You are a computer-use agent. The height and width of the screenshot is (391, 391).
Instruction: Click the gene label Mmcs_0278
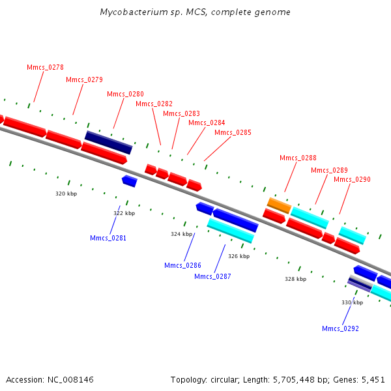[x=45, y=67]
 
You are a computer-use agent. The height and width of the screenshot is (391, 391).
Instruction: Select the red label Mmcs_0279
[x=84, y=80]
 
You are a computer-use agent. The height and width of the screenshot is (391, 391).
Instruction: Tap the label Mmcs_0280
[x=125, y=94]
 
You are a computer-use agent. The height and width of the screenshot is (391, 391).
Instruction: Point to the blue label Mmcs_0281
[x=108, y=238]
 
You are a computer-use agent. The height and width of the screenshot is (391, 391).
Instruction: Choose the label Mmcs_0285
[x=233, y=132]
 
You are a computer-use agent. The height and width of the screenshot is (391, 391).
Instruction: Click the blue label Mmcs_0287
[x=212, y=276]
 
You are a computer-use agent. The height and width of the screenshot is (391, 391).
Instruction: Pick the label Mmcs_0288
[x=298, y=158]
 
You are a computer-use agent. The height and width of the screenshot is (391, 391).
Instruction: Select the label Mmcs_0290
[x=352, y=179]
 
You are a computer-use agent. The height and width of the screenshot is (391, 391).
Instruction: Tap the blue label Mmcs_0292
[x=340, y=328]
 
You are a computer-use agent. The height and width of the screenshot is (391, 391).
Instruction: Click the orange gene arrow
[x=279, y=205]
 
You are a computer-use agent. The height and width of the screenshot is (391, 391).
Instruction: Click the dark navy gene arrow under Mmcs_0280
[x=109, y=142]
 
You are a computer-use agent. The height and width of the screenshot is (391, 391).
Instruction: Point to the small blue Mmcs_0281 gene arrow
[x=130, y=181]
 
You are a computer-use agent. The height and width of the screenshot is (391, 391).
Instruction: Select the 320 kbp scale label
[x=66, y=194]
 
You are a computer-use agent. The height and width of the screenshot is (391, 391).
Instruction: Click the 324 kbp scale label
[x=182, y=234]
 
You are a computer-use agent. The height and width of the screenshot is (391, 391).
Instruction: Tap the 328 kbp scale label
[x=295, y=279]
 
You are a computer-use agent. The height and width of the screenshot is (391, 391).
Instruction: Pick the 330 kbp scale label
[x=352, y=302]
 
